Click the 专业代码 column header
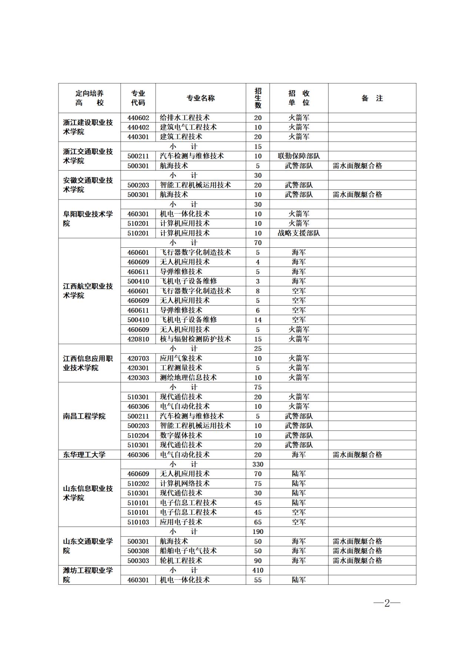138,98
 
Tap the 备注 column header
372,98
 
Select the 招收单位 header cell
299,98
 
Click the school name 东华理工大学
84,455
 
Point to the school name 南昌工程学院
84,416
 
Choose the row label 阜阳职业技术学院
88,219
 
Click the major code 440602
138,118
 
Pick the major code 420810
138,339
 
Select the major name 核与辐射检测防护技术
195,339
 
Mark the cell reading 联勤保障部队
299,156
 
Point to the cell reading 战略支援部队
299,233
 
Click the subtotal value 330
258,464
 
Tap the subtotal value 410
258,570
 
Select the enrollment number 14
258,320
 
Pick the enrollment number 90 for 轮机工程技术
258,561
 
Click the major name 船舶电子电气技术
188,551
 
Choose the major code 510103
138,522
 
